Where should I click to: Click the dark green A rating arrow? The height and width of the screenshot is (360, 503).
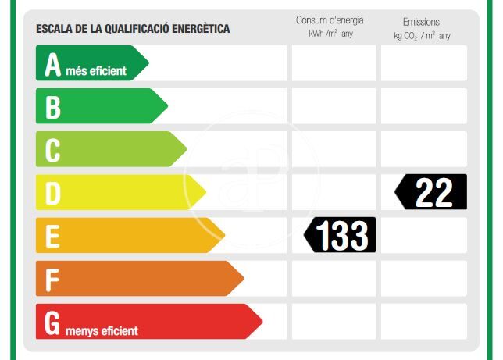point(90,63)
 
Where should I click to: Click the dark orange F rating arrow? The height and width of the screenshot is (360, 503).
point(137,278)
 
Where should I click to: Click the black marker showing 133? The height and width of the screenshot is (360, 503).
point(341,235)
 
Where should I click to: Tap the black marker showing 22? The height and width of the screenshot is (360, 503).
point(431,192)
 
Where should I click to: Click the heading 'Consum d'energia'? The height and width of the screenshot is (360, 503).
point(330,20)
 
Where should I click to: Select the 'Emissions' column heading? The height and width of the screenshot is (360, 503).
point(421,22)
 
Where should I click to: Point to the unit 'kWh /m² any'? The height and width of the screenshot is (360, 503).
point(330,34)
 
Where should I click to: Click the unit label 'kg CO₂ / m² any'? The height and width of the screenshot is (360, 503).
point(422,36)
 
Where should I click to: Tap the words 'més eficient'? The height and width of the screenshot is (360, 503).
point(95,71)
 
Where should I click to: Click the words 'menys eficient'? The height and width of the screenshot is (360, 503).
point(102,330)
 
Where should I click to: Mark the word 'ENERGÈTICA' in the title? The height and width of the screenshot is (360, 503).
point(196,29)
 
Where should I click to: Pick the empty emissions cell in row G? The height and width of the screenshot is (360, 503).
point(423,321)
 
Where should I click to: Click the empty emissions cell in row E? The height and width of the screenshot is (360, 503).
point(423,235)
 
